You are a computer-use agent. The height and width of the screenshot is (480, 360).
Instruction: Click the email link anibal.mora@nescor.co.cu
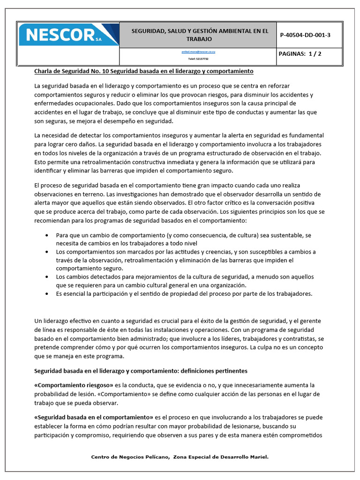198,53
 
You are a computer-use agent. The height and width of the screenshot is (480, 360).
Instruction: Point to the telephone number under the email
198,59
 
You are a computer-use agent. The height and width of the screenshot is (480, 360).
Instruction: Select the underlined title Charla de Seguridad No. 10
144,71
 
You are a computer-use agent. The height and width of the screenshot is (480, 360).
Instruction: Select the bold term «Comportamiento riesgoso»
75,385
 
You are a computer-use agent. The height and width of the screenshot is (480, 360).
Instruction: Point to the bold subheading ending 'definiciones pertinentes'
141,371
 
